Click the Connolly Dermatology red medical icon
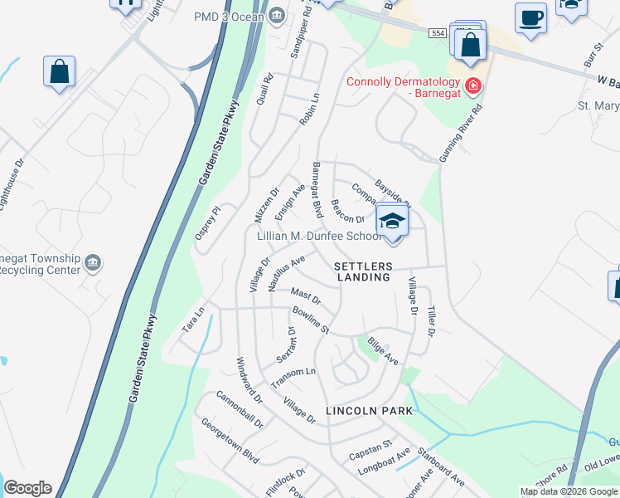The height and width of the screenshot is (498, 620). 473,85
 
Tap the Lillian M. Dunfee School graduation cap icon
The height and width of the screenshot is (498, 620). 393,221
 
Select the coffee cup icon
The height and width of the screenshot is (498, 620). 530,17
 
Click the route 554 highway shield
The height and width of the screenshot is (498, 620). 438,32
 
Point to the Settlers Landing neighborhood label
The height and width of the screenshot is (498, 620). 363,271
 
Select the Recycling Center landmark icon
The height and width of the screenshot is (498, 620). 93,263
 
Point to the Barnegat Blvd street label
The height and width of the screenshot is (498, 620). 317,190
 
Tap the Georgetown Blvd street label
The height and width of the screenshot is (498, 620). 230,440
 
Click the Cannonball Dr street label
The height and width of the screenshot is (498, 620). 241,411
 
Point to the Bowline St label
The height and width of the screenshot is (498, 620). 311,320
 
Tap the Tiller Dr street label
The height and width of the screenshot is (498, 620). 431,320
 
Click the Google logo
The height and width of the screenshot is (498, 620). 27,488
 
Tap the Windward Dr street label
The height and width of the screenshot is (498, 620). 249,380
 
